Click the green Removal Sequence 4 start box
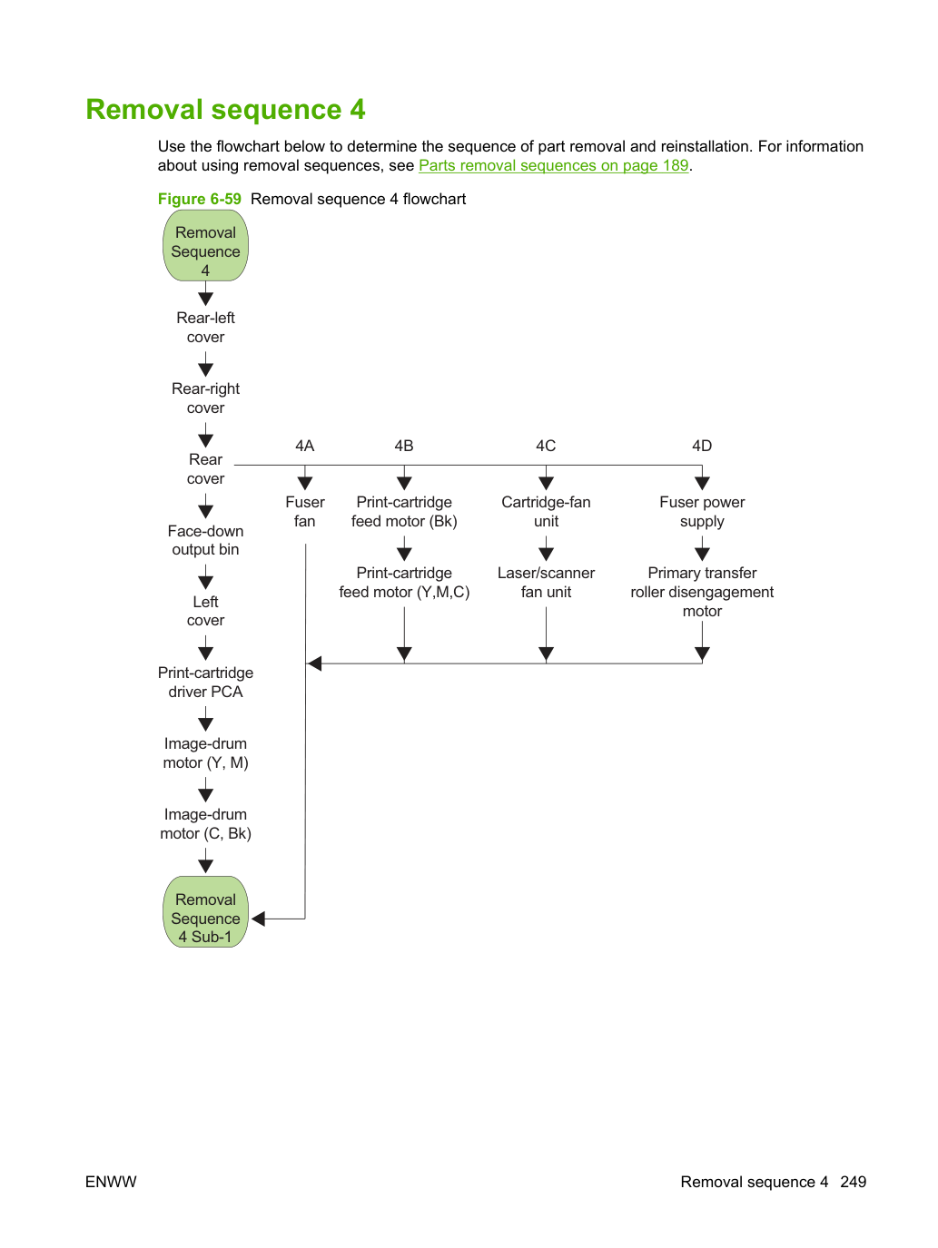(x=205, y=245)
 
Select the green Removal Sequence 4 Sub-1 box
(x=205, y=911)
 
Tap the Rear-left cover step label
(x=205, y=327)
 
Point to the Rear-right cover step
(x=205, y=398)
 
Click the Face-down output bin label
(x=205, y=540)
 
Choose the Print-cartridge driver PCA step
(x=205, y=682)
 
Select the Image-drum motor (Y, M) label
(x=205, y=752)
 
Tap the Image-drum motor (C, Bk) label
(x=205, y=824)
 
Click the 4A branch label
(x=305, y=446)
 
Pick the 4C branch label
(x=546, y=446)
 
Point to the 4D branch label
(x=702, y=446)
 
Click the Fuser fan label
(x=305, y=511)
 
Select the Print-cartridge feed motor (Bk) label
(x=404, y=511)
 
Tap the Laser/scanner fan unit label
(x=546, y=582)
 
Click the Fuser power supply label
(x=702, y=511)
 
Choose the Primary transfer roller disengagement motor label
(x=702, y=591)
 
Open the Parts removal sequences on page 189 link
(x=554, y=165)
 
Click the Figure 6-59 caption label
(x=199, y=199)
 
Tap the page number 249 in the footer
(x=854, y=1182)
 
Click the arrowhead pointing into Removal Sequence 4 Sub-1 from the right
(x=258, y=919)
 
